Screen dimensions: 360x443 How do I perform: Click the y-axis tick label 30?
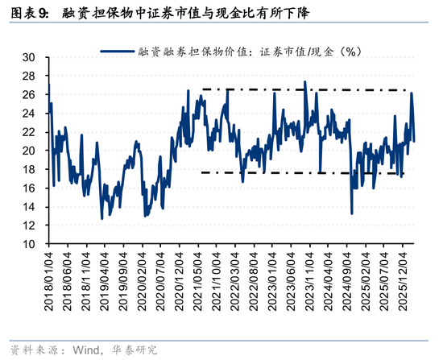[31, 57]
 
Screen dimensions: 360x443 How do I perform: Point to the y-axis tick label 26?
[31, 94]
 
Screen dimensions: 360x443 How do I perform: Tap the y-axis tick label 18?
[31, 169]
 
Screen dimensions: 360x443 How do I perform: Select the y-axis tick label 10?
[31, 243]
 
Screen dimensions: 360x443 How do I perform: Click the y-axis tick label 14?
[31, 206]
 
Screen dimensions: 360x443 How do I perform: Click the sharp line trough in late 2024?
[352, 213]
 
